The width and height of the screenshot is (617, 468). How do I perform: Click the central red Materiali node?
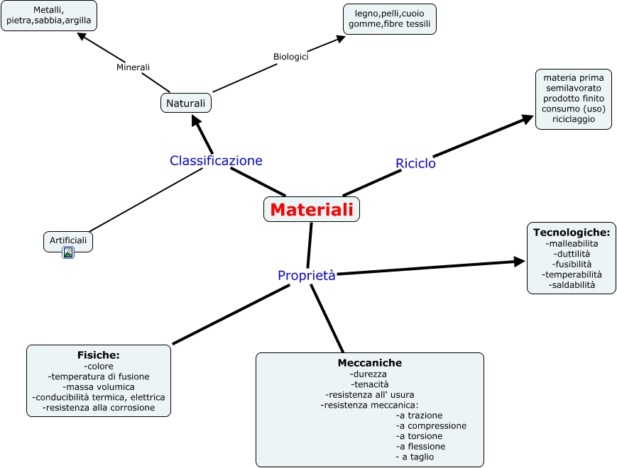tap(312, 210)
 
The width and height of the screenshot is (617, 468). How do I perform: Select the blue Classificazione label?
tap(216, 161)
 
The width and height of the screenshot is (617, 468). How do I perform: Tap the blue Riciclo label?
tap(415, 163)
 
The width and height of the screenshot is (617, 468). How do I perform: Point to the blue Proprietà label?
tap(306, 275)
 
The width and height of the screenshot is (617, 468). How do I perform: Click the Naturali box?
tap(185, 104)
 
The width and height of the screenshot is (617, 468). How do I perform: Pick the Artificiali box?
tap(68, 241)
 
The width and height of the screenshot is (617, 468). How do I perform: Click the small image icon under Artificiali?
tap(68, 252)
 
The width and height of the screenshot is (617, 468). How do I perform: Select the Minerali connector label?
tap(133, 67)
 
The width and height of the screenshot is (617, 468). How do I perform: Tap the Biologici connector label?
tap(291, 57)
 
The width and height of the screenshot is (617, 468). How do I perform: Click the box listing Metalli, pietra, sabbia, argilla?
tap(49, 16)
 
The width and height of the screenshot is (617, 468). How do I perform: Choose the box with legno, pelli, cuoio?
tap(390, 19)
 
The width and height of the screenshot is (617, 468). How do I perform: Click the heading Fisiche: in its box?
tap(98, 355)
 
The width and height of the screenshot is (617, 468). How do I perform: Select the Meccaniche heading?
tap(369, 362)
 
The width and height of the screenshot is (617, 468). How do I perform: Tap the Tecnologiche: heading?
tap(571, 232)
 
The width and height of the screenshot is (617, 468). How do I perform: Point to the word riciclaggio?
tap(572, 119)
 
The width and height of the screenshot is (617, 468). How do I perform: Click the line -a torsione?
tap(420, 436)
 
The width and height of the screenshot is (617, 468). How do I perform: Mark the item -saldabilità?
tap(572, 285)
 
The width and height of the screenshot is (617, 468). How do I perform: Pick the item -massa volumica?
tap(99, 387)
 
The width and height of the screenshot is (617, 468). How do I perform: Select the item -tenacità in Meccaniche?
tap(369, 384)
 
